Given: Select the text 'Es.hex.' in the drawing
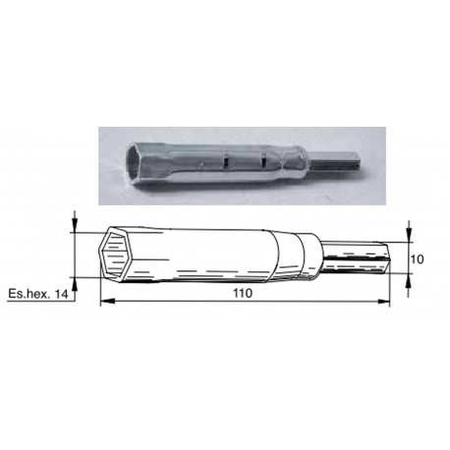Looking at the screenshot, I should (x=27, y=293).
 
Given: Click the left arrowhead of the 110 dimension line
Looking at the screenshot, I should (x=105, y=303).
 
